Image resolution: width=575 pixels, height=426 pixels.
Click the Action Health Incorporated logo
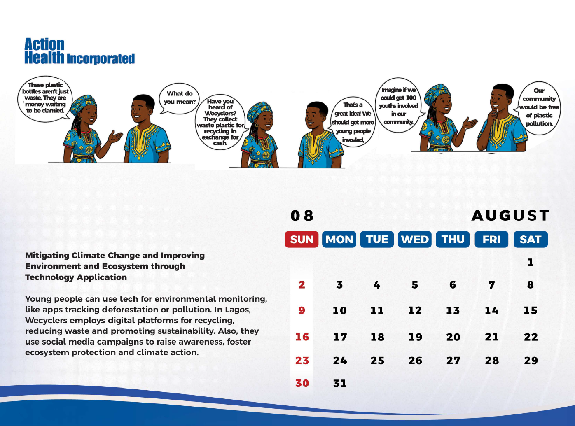coord(79,51)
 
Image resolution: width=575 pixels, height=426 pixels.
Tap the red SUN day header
coord(302,239)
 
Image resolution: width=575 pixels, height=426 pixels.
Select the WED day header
coord(415,239)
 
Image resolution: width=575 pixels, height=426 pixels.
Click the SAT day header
coord(531,239)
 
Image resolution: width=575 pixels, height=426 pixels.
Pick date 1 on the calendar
coord(531,263)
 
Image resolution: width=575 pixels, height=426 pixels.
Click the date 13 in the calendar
coord(453,310)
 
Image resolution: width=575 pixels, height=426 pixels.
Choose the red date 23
coord(302,361)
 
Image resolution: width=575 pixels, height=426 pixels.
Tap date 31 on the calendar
coord(340,383)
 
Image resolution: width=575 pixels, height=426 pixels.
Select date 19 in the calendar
coord(415,337)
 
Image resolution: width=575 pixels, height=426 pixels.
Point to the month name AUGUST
coord(510,216)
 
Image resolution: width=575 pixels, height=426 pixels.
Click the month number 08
coord(302,216)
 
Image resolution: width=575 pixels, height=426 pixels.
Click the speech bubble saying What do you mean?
coord(180,98)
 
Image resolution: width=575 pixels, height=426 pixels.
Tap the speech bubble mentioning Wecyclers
coord(220,122)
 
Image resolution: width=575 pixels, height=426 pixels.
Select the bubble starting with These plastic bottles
coord(45,99)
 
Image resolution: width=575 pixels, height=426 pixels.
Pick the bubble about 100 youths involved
coord(398,105)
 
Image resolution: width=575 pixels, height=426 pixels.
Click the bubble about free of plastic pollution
coord(539,108)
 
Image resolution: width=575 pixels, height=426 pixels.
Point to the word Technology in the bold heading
coord(49,277)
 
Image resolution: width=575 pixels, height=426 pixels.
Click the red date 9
coord(302,310)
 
